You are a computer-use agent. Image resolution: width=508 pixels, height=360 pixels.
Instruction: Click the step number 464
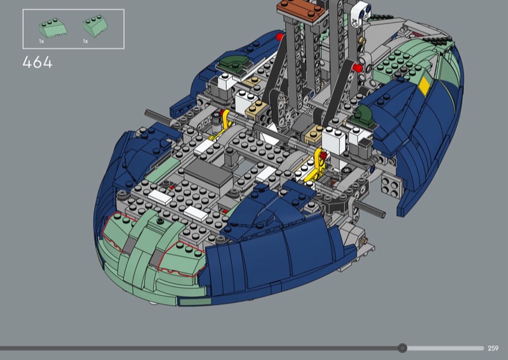pos(37,62)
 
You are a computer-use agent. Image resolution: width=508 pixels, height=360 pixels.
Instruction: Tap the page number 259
pos(493,348)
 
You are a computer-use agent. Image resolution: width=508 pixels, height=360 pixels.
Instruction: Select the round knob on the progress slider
pos(403,348)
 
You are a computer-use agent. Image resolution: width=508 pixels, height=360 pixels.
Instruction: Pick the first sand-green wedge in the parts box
pos(53,28)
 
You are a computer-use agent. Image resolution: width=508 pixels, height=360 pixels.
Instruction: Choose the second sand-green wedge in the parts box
pos(95,26)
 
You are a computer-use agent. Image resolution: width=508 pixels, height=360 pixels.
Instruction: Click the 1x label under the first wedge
pos(41,41)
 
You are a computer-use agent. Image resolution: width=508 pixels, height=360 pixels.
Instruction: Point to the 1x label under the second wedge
pos(86,41)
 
